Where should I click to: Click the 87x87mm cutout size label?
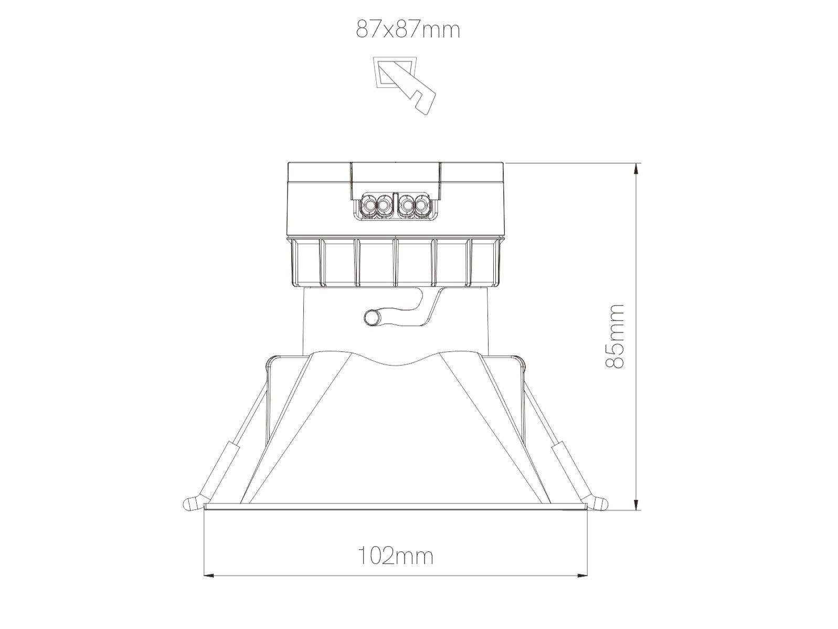point(408,30)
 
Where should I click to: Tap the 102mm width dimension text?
point(396,555)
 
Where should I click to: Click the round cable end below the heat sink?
point(373,318)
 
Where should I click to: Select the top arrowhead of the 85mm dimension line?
point(637,168)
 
